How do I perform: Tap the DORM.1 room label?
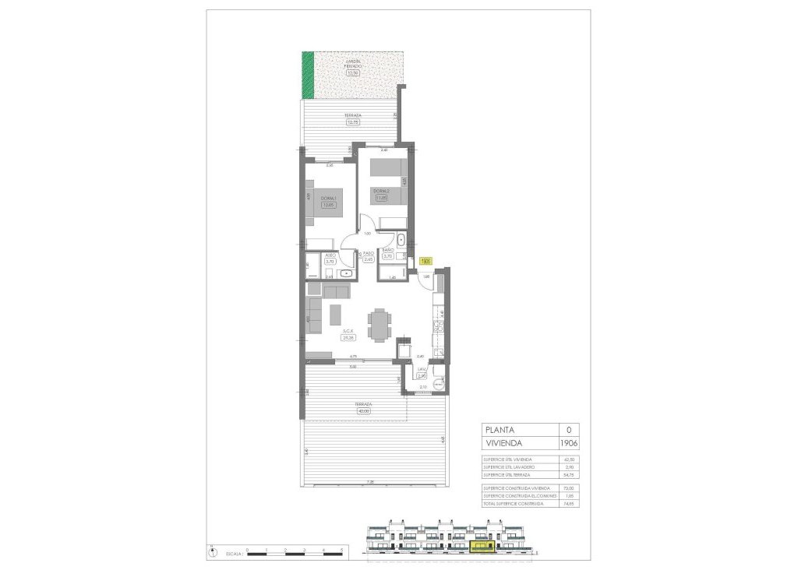tap(329, 198)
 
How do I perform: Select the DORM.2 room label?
tap(380, 191)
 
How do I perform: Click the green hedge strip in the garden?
tap(309, 75)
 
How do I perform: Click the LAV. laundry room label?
tap(422, 369)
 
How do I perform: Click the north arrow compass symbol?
tap(214, 551)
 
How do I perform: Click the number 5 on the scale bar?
tap(343, 550)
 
